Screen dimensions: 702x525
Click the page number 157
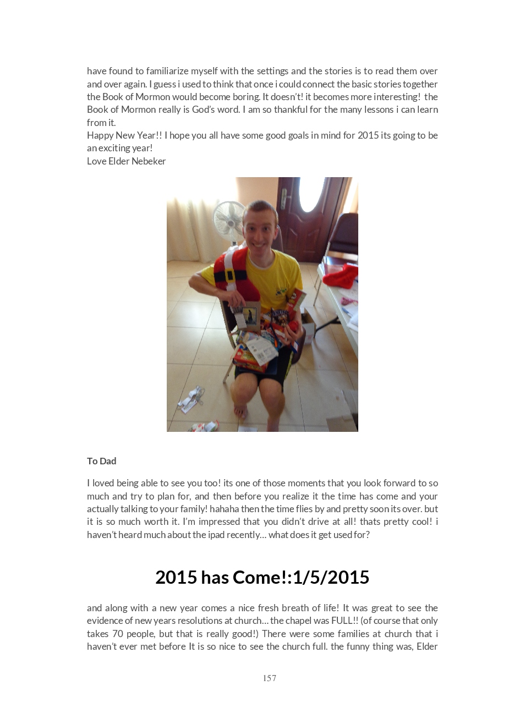coord(270,678)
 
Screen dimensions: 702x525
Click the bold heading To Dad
coord(102,461)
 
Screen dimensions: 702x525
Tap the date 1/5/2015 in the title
coord(331,577)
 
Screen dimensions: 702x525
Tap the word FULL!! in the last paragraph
coord(344,621)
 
